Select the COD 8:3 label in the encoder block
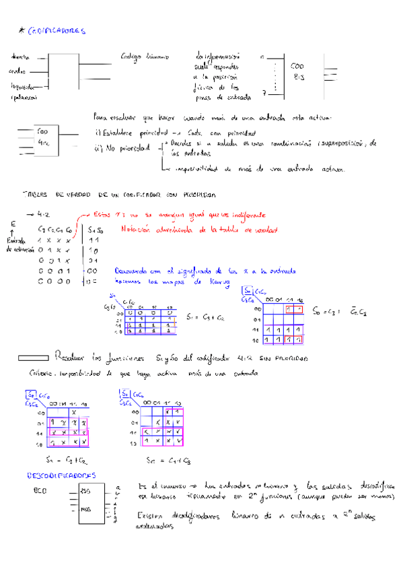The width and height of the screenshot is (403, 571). (x=297, y=71)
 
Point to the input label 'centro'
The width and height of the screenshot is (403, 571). (x=17, y=71)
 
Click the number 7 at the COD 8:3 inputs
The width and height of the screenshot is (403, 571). (x=265, y=92)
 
